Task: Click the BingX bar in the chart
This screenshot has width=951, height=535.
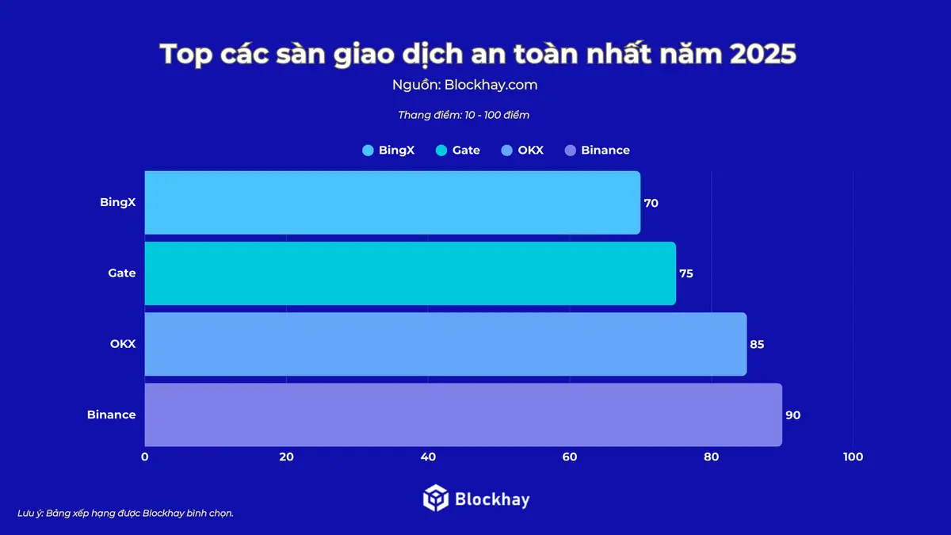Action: [x=392, y=203]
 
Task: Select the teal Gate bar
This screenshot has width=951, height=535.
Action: [x=410, y=273]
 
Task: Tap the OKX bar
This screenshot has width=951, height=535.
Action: [x=445, y=344]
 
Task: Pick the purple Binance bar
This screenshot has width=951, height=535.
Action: [x=463, y=415]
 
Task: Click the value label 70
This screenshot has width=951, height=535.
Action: [x=651, y=203]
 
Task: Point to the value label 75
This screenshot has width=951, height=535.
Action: [x=686, y=273]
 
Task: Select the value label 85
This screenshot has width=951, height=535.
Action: [x=757, y=344]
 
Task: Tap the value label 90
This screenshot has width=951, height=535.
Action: [x=792, y=415]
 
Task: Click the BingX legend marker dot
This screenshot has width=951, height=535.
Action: [x=368, y=151]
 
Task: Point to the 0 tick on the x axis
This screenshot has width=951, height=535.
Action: [x=144, y=457]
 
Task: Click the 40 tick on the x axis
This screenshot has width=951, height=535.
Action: [x=428, y=457]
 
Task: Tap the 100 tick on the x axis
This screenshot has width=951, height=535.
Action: [x=853, y=457]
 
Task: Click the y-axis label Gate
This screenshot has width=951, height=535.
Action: [x=122, y=273]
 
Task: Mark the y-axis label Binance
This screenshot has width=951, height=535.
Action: [x=112, y=415]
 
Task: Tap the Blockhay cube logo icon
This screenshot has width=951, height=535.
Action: [x=436, y=499]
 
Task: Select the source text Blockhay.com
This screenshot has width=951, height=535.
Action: [x=491, y=85]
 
